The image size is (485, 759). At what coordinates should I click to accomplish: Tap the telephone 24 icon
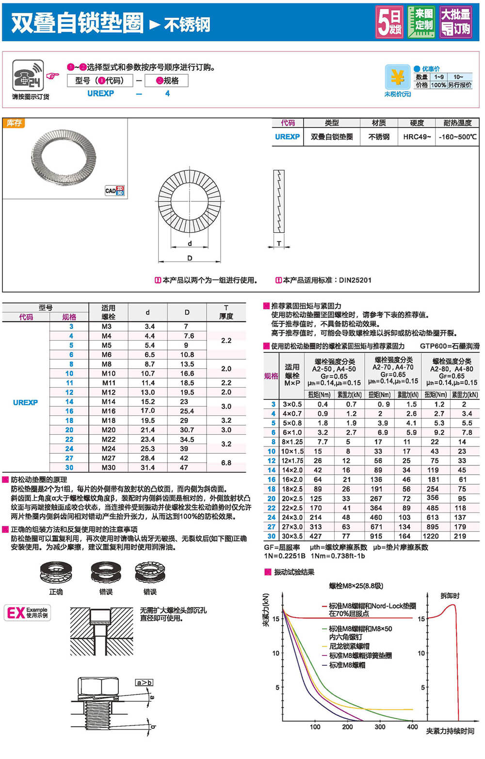[x=28, y=75]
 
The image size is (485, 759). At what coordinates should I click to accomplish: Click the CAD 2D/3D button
[x=114, y=191]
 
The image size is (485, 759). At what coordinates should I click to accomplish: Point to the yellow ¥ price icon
[x=397, y=77]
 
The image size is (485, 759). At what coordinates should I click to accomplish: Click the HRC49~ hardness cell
[x=417, y=137]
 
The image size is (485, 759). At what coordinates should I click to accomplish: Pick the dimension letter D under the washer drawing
[x=190, y=258]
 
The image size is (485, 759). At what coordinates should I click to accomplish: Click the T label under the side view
[x=279, y=244]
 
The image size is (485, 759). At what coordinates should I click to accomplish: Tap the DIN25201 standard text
[x=355, y=280]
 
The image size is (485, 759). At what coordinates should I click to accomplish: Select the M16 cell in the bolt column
[x=108, y=411]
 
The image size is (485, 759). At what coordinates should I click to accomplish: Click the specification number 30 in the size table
[x=69, y=467]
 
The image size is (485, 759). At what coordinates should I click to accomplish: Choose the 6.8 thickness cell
[x=226, y=462]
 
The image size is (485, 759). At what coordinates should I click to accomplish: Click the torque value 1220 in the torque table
[x=431, y=536]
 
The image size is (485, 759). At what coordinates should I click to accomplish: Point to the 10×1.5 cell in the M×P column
[x=292, y=451]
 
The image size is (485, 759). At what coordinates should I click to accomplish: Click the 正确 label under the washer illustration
[x=56, y=592]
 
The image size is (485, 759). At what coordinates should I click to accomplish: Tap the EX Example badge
[x=27, y=612]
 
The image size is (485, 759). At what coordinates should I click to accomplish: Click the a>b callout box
[x=144, y=683]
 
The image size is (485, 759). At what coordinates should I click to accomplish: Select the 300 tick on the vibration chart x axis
[x=380, y=726]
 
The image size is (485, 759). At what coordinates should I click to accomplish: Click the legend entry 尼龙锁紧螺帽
[x=349, y=646]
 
